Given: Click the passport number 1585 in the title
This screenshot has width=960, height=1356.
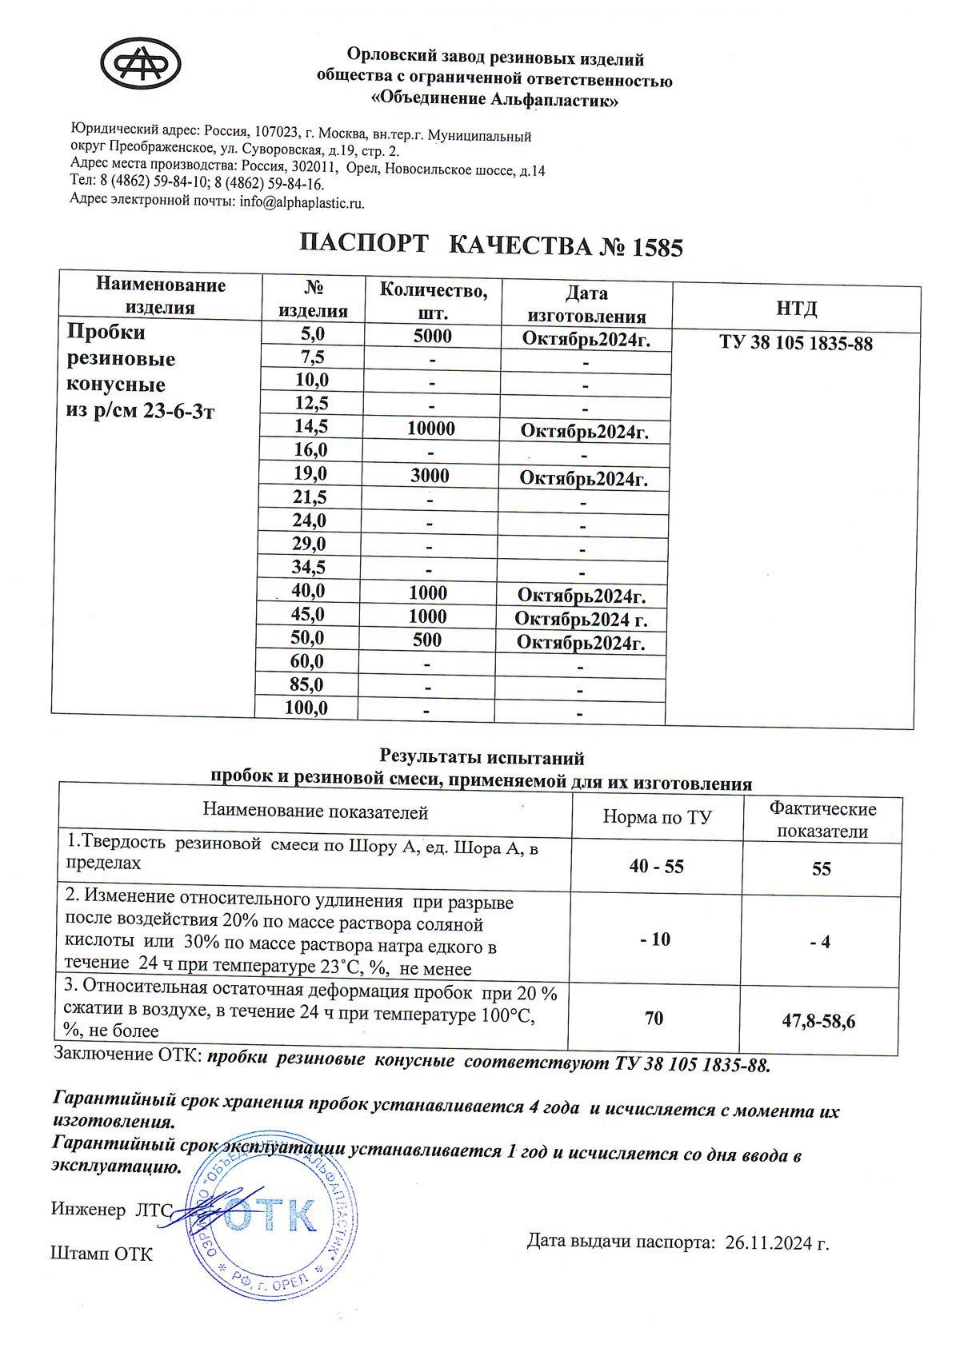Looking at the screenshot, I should coord(657,248).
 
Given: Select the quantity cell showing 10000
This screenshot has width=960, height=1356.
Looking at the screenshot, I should coord(431,429).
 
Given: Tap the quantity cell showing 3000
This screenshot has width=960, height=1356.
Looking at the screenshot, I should coord(430,476).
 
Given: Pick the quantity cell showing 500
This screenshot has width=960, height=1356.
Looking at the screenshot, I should coord(427,640).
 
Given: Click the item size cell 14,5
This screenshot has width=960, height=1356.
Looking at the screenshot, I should coord(310,426).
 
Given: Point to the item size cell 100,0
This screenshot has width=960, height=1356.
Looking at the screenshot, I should coord(306,708).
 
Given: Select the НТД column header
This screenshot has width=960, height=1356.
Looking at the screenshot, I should coord(796,309).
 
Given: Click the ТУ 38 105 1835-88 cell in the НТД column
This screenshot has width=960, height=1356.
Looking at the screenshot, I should coord(795,344).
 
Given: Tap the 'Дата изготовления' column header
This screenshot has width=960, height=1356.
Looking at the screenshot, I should coord(586,305).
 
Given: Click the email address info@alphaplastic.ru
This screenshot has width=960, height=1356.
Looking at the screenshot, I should coord(302,202).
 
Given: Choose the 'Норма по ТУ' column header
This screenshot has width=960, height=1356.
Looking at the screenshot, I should coord(657,817).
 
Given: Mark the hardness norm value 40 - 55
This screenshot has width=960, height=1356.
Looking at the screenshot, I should coord(657,867).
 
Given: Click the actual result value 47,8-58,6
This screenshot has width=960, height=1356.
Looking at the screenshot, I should coord(818,1021).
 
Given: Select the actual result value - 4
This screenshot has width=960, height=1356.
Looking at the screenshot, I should coord(820,942).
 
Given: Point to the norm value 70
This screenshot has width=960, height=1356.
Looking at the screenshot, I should coord(654,1018).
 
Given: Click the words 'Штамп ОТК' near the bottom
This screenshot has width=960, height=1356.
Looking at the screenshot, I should coord(101,1253).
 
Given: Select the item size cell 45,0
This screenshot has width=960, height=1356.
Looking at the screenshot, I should coord(308,614).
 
